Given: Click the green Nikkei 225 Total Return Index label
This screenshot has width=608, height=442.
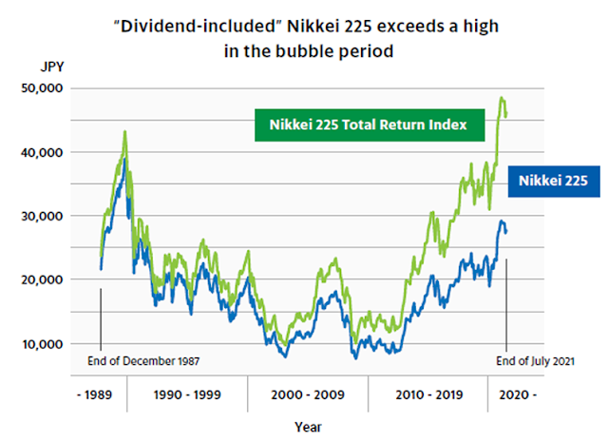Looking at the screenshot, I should click(370, 125).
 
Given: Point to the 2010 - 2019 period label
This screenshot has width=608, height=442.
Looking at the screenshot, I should click(427, 392).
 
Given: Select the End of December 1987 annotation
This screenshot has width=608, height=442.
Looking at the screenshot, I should click(148, 361).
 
